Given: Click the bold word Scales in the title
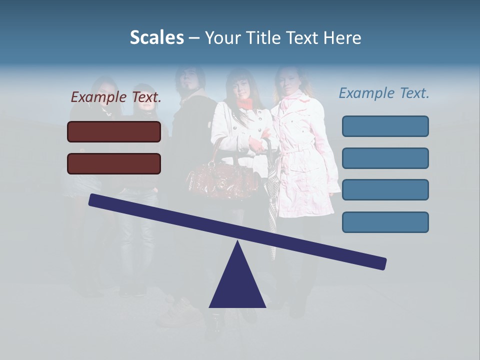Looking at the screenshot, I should click(156, 38).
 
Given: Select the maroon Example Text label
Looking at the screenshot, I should click(116, 97).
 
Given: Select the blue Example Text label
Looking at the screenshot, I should click(384, 93).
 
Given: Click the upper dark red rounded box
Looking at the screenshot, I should click(114, 131).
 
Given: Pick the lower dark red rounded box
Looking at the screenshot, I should click(114, 163).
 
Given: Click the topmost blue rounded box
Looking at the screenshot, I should click(385, 126).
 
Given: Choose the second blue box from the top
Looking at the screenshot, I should click(385, 158).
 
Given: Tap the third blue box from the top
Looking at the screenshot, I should click(385, 190).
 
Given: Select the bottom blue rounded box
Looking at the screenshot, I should click(385, 222).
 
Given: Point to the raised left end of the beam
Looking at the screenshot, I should click(95, 200).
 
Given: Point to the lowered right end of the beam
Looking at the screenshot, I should click(380, 263).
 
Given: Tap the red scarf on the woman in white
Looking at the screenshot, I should click(244, 103).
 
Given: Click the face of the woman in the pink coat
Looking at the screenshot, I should click(288, 82).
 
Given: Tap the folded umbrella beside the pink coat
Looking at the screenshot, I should click(271, 210).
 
